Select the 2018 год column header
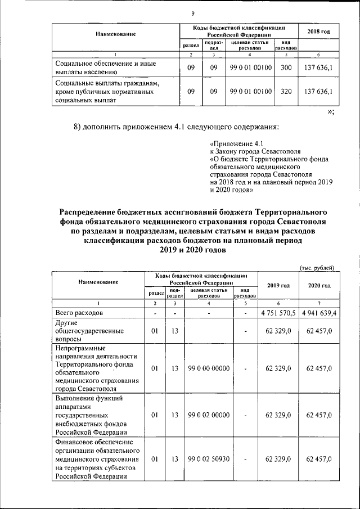click(x=318, y=31)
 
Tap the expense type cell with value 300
click(x=286, y=68)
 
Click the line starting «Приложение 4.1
click(x=232, y=143)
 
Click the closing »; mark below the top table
click(x=331, y=112)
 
